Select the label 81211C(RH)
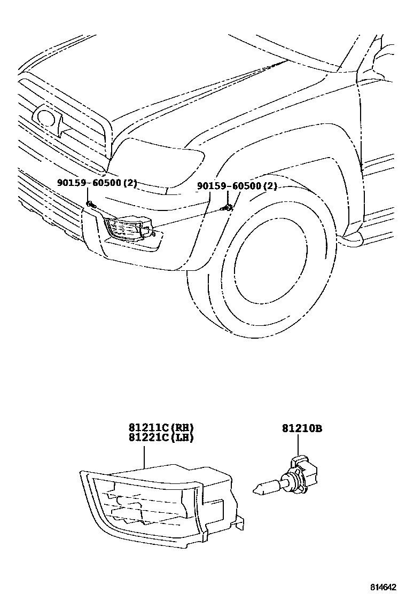[160, 427]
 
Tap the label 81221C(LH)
[160, 437]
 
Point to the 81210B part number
[302, 428]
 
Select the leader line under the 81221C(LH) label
[145, 454]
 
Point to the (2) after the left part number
[130, 183]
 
